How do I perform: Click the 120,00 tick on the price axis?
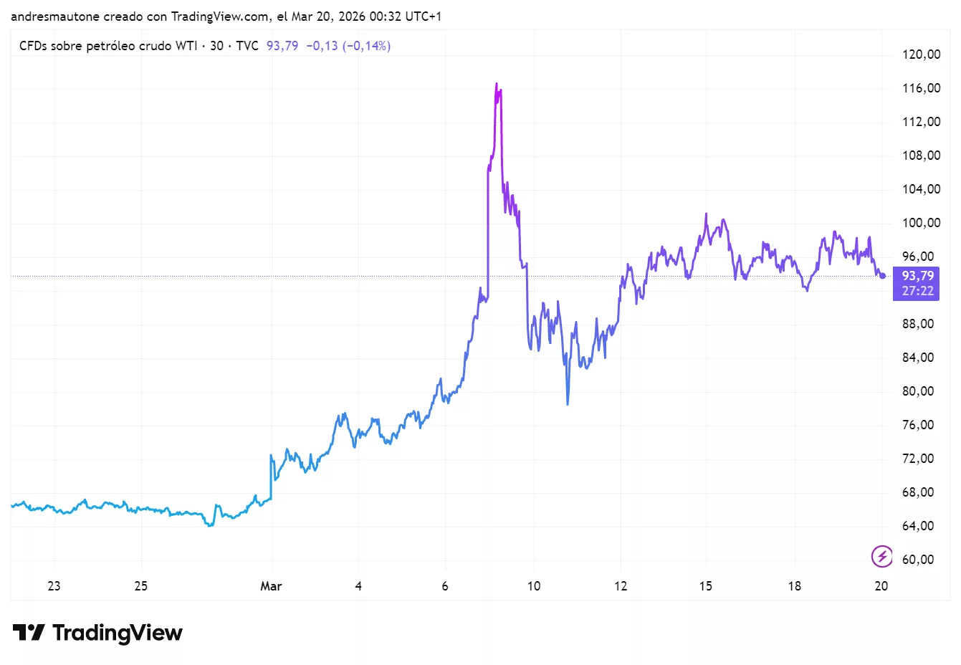point(921,54)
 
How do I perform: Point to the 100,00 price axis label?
point(921,223)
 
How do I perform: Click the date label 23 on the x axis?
point(54,586)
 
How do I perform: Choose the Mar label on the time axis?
point(271,586)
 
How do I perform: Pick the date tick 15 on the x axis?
point(706,586)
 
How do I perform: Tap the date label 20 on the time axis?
point(881,586)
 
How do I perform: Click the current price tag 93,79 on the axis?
point(917,276)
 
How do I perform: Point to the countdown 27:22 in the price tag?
point(917,291)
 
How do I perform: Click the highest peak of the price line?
point(496,84)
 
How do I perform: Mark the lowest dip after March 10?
point(568,404)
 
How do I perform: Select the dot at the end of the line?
point(883,276)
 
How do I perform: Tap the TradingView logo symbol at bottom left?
point(29,633)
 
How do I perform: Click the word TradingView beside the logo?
point(118,633)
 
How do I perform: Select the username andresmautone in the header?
point(55,16)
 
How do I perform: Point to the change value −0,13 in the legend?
point(322,46)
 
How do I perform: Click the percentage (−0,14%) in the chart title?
point(366,46)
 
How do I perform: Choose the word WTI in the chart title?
point(186,46)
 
